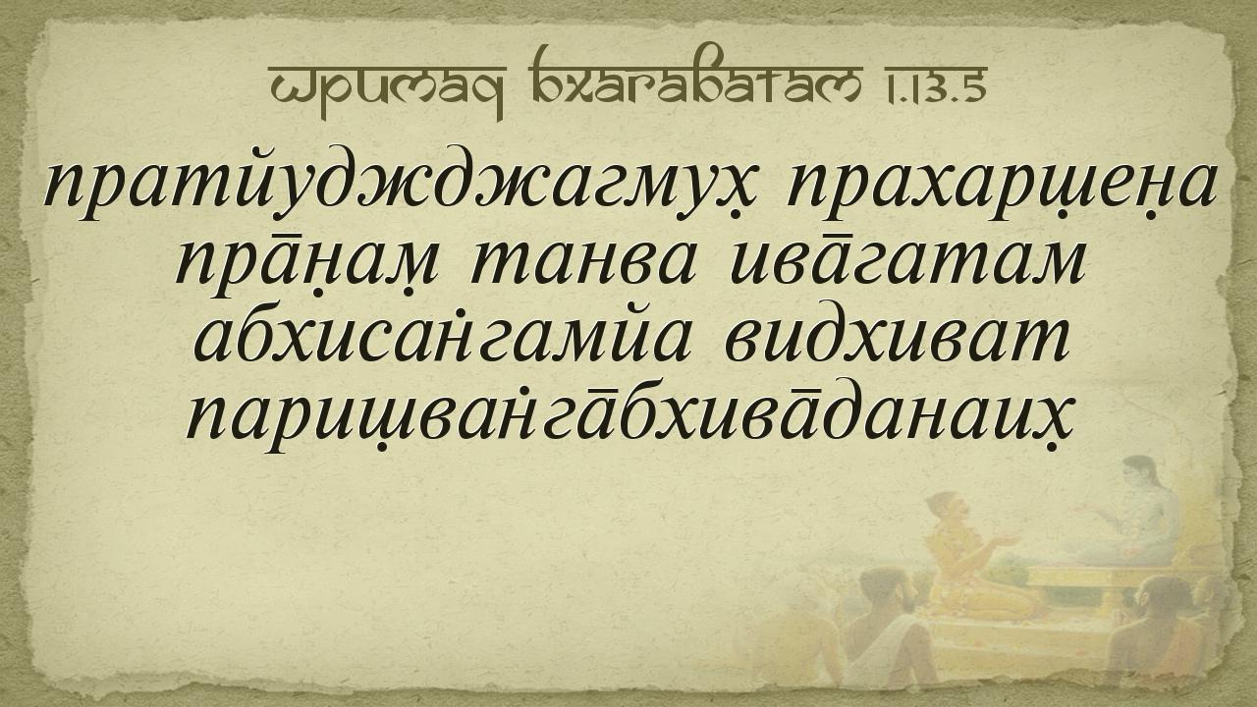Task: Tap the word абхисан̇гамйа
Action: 442,339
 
